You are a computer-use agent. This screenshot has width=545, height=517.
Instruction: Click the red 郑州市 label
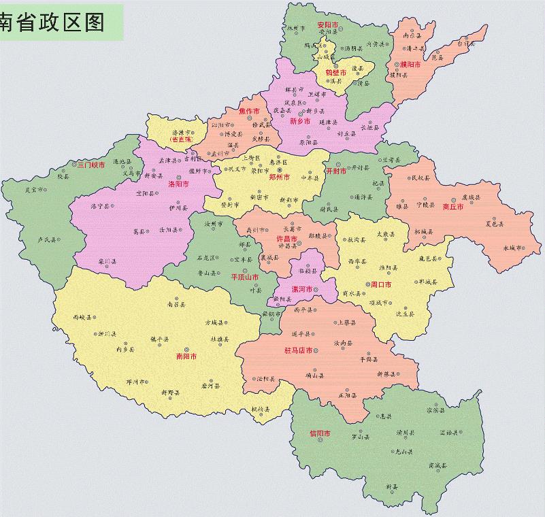point(279,177)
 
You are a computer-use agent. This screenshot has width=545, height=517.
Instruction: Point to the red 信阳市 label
point(319,433)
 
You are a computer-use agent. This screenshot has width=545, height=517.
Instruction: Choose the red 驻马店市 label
point(298,350)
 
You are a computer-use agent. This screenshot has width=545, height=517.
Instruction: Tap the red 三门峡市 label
point(90,165)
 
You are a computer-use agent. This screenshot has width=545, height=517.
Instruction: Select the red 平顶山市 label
point(244,277)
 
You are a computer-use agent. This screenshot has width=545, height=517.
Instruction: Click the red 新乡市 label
point(299,121)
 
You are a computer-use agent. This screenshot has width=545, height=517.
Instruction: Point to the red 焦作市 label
point(249,111)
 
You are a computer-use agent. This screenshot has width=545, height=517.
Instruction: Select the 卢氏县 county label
point(46,239)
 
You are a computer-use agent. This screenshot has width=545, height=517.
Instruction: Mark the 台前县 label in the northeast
point(465,44)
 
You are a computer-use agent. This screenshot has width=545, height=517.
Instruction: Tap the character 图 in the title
point(94,22)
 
